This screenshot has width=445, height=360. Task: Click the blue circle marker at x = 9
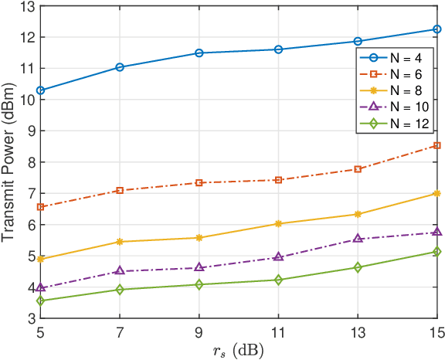(x=199, y=53)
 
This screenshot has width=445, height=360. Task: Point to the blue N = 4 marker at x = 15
(x=437, y=29)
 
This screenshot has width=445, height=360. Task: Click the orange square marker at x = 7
(x=120, y=190)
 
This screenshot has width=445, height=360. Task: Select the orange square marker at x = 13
(x=358, y=169)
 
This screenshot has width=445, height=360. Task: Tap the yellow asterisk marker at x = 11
(x=278, y=224)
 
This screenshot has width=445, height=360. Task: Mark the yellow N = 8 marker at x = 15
(x=437, y=193)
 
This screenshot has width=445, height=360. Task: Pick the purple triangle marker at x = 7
(x=120, y=271)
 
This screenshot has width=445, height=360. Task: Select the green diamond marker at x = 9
(x=199, y=285)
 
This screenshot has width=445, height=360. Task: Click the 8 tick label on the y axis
(x=29, y=162)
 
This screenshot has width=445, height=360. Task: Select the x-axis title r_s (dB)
(x=238, y=350)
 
